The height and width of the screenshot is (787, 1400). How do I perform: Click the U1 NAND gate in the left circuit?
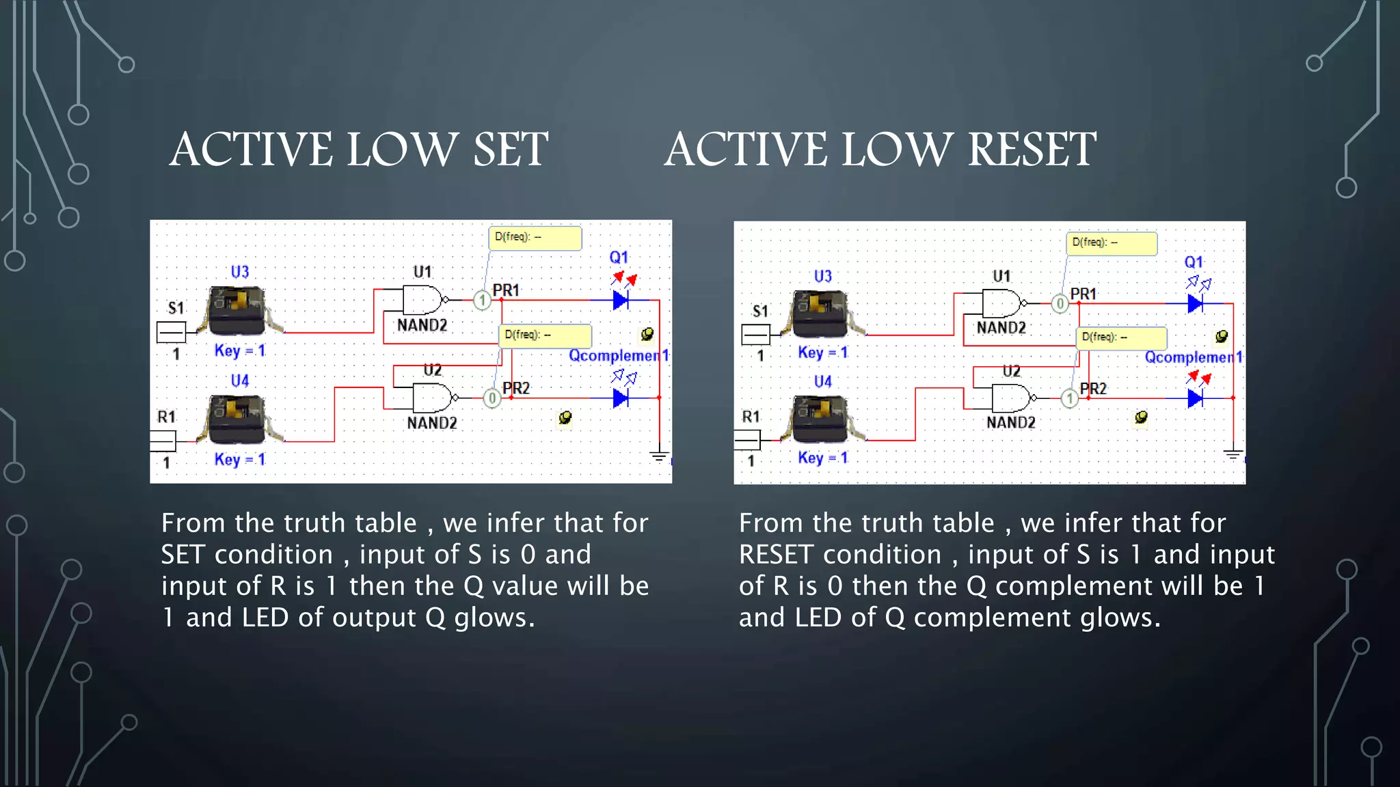point(422,300)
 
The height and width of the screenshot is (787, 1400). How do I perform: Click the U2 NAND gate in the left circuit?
point(432,398)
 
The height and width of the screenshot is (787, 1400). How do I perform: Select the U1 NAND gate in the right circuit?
point(1001,303)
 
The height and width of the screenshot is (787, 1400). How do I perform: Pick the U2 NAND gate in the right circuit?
point(1011,398)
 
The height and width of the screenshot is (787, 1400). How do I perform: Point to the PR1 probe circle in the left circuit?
point(482,300)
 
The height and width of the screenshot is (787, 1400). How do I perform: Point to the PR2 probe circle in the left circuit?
point(492,398)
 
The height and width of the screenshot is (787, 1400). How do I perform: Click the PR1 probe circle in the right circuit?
point(1060,303)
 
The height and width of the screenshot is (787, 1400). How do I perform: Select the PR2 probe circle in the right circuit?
point(1069,398)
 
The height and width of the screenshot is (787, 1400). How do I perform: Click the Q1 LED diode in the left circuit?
point(620,299)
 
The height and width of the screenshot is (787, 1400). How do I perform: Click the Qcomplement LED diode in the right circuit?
point(1195,398)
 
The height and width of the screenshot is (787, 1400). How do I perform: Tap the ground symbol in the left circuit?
point(659,456)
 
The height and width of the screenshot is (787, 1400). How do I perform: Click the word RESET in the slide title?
point(1032,150)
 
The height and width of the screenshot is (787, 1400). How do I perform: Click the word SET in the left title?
point(511,150)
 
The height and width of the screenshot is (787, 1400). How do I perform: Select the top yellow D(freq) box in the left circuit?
point(535,238)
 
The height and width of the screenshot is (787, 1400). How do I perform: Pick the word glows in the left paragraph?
point(495,618)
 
